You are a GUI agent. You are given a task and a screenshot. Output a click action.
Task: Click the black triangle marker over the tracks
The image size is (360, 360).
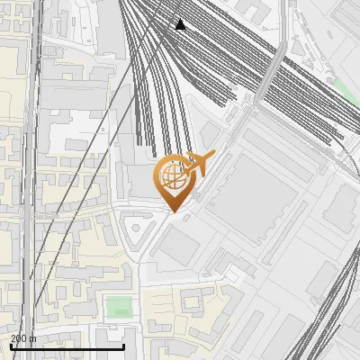point(181,24)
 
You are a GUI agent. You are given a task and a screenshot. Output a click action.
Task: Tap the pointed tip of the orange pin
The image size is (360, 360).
point(171,211)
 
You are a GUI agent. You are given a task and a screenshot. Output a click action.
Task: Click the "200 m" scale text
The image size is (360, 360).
point(23,338)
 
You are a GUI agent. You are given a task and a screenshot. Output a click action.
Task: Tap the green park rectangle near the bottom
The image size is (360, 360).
point(118,306)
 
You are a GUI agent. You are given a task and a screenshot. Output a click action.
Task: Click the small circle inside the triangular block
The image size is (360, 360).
point(136,229)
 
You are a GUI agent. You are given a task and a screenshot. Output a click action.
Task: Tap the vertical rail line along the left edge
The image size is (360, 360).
point(36,180)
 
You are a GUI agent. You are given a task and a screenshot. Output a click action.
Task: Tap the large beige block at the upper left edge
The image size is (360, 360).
point(13,99)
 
